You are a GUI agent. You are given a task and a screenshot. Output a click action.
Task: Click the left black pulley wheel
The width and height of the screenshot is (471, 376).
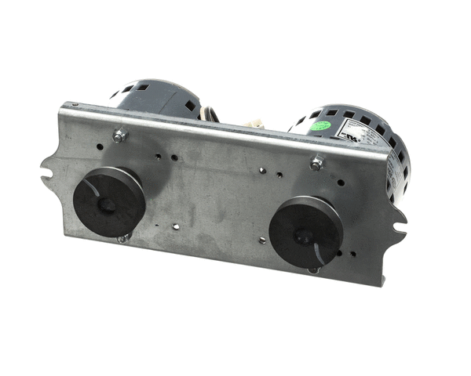tap(108, 201)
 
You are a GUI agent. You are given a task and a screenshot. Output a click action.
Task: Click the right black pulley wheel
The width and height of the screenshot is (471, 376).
tap(305, 229)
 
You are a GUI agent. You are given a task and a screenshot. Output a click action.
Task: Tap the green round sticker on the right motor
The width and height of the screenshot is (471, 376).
tap(316, 125)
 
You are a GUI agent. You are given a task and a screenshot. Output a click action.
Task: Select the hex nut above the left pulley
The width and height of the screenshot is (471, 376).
tap(119, 136)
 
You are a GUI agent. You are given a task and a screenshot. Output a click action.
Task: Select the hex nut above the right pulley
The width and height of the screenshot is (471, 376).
tap(316, 164)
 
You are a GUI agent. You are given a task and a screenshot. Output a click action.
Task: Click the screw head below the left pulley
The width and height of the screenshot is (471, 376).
tap(122, 239)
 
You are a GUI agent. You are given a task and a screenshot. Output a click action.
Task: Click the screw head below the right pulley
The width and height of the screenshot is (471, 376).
tap(314, 269)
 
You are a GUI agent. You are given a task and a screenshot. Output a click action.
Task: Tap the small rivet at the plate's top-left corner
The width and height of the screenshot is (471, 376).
tap(71, 104)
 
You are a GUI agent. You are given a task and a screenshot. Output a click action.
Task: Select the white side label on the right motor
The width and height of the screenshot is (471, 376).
tap(390, 168)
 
